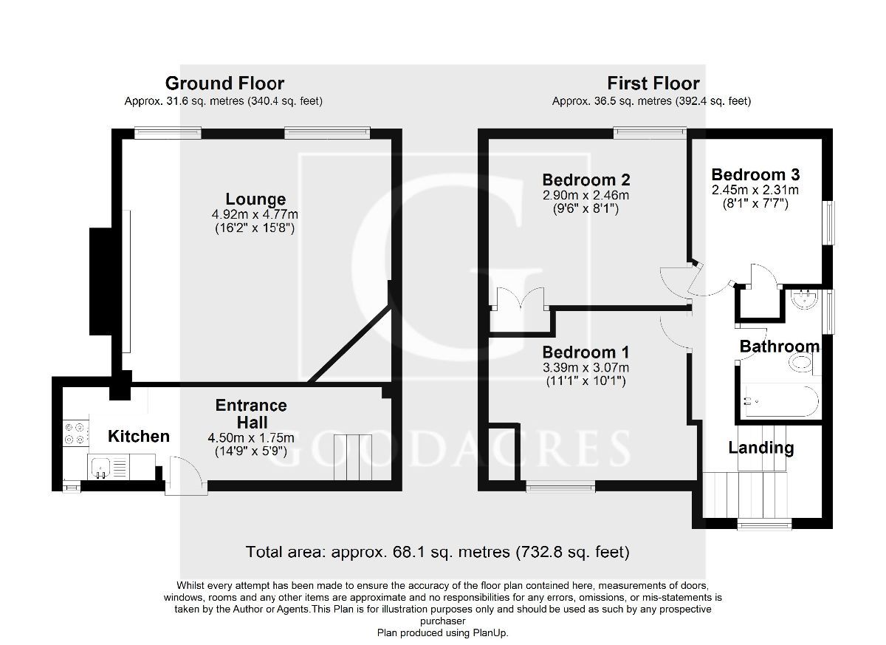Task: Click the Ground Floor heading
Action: [224, 83]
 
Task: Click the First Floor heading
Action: [653, 83]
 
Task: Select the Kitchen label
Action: [139, 437]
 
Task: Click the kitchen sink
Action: [100, 465]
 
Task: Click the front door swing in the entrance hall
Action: [180, 473]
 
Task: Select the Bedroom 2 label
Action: [585, 180]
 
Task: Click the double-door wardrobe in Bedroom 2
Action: [520, 303]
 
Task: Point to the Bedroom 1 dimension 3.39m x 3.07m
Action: [585, 368]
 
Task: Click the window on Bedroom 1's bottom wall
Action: [560, 486]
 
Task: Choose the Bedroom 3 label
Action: [755, 175]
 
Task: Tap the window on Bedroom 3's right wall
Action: [831, 222]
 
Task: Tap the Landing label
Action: [760, 448]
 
